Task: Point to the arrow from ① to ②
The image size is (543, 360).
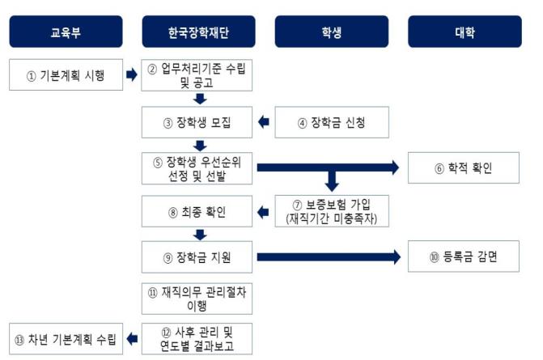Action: coord(132,75)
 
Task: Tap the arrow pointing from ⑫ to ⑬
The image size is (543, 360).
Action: coord(132,339)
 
